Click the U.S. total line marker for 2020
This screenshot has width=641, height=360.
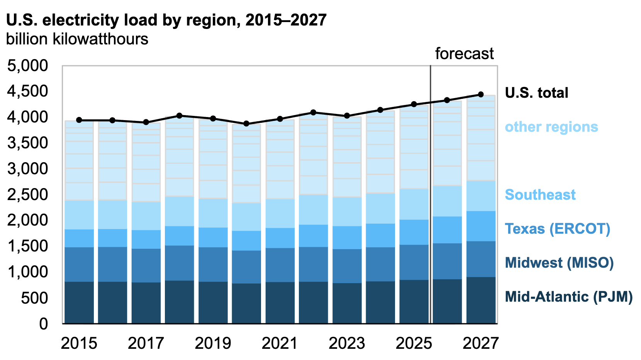tap(246, 124)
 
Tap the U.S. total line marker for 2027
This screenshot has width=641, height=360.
tap(481, 94)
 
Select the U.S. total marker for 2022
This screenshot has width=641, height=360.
tap(314, 112)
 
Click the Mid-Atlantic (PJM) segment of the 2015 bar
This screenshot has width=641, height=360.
tap(79, 302)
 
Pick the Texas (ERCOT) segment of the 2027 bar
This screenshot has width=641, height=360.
tap(481, 226)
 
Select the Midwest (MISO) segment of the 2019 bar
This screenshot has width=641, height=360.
tap(213, 264)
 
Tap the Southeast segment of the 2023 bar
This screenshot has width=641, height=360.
tap(347, 212)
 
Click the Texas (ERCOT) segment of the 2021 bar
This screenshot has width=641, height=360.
tap(280, 238)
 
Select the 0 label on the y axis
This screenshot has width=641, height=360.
tap(43, 324)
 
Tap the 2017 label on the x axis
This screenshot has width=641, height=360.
tap(146, 343)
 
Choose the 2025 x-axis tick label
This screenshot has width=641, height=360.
tap(414, 343)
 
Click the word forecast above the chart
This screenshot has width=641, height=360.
tap(464, 54)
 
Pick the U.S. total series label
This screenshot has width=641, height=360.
tap(536, 93)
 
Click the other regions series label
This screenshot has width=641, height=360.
tap(551, 127)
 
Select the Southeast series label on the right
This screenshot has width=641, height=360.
tap(540, 194)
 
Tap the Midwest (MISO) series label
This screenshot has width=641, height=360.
tap(559, 263)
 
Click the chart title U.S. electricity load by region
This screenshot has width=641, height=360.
tap(166, 20)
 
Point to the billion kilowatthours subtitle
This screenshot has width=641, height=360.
tap(77, 39)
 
